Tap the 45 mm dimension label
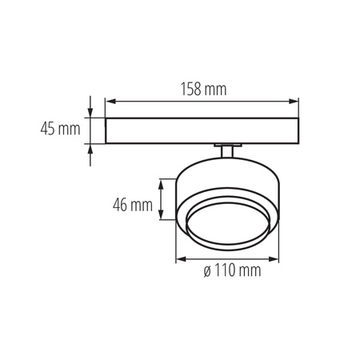(59, 128)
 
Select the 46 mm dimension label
(133, 205)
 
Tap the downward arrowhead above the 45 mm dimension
(90, 112)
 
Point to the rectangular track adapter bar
(202, 130)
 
